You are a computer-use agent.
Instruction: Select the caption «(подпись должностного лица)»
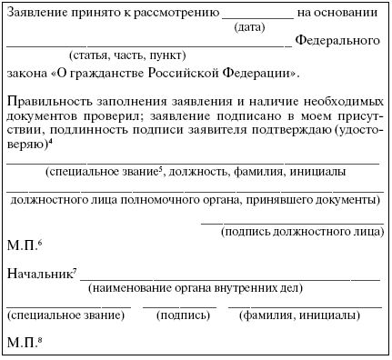(302, 232)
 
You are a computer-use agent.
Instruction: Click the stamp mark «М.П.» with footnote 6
(23, 246)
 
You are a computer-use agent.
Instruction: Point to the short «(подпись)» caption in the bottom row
(182, 316)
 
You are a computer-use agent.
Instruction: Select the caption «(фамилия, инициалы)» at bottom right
(297, 316)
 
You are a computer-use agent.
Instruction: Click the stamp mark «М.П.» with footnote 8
(23, 344)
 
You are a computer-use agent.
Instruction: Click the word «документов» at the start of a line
(38, 116)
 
